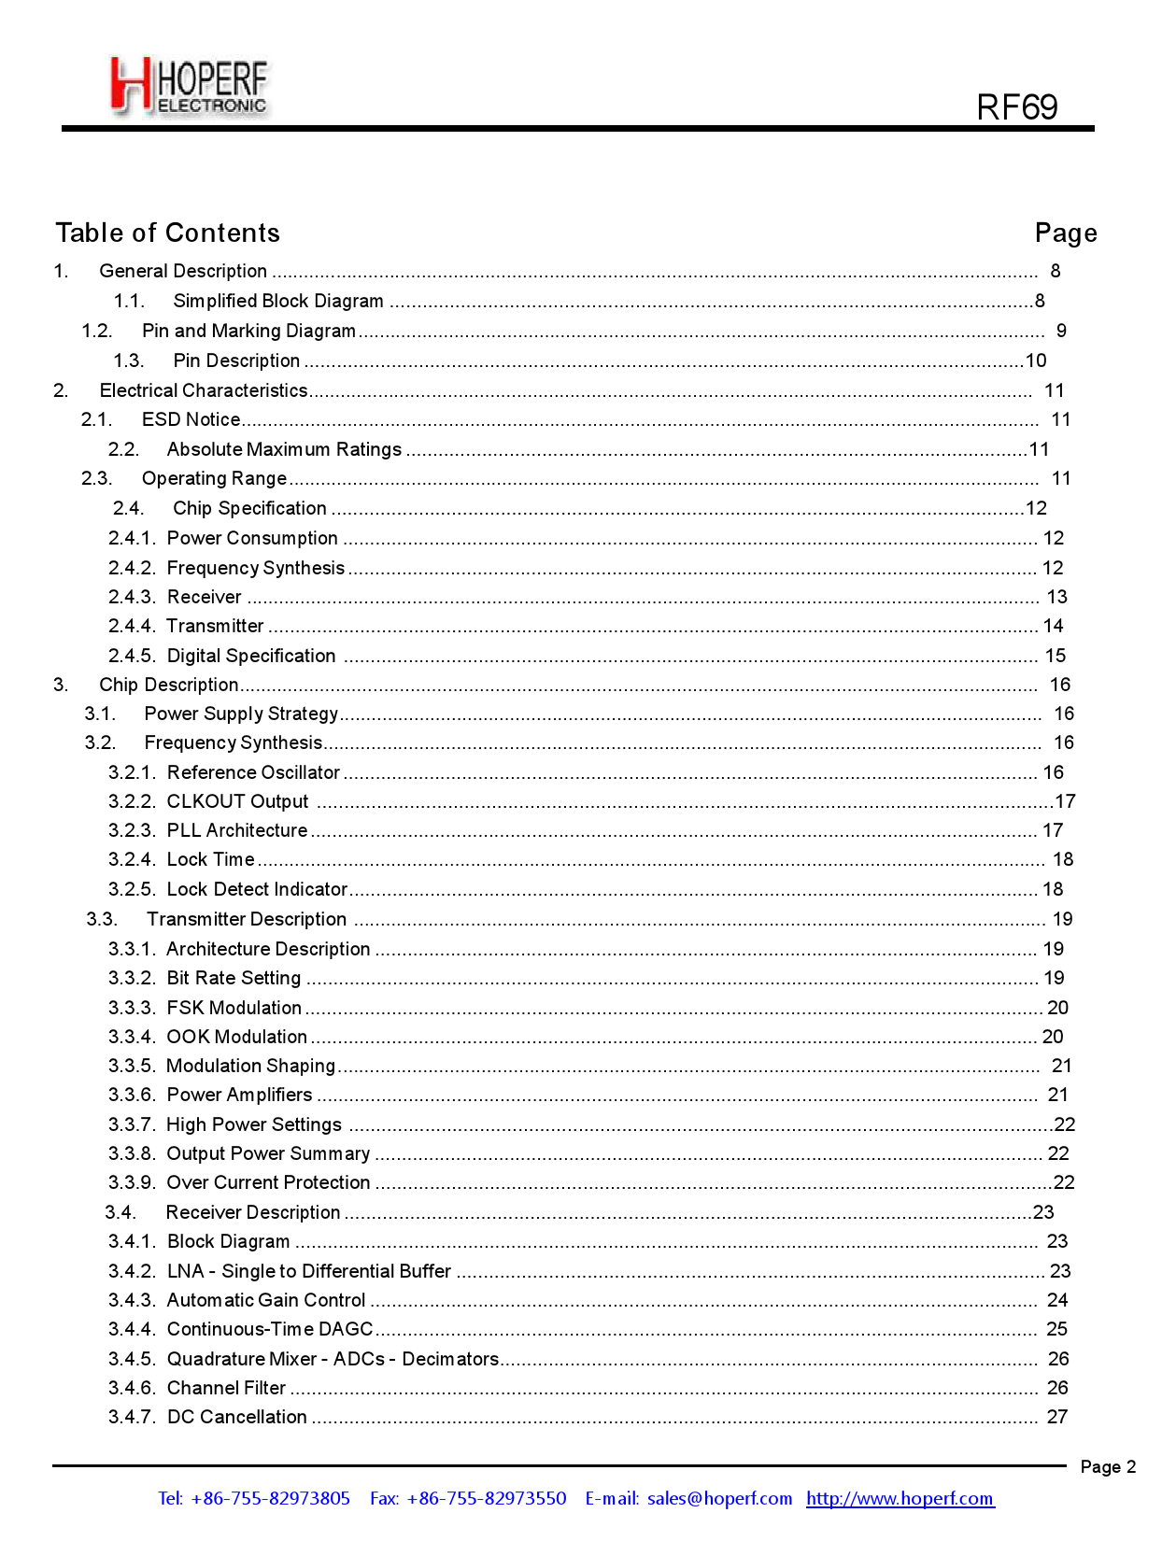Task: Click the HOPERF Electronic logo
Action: pos(189,86)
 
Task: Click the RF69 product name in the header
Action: pos(1016,107)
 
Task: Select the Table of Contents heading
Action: pos(167,233)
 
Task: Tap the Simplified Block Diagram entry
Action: pos(277,301)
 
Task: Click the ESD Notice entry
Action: pos(191,419)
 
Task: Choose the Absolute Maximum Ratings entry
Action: pos(284,449)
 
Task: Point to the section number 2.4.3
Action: pos(131,597)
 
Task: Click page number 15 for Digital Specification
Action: pos(1055,656)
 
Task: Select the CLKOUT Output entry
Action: pos(237,801)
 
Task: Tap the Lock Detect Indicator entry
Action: pos(257,889)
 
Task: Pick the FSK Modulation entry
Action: pos(234,1008)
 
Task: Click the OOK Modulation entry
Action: pos(236,1037)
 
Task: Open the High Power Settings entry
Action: pos(253,1124)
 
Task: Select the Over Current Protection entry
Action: pos(268,1182)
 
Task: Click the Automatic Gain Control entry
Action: pos(265,1300)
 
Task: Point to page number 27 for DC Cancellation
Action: pos(1056,1417)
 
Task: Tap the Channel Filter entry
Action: pos(226,1388)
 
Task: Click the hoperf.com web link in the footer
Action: pos(900,1498)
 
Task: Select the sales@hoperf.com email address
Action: pos(719,1498)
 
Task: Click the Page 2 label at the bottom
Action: pos(1107,1466)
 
